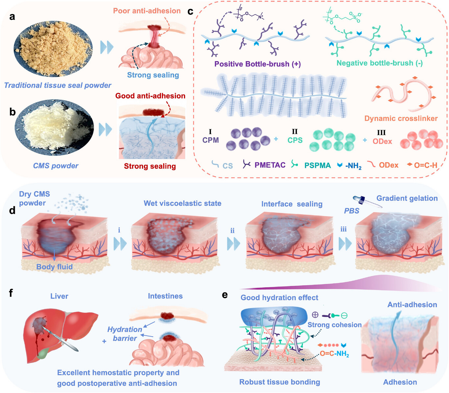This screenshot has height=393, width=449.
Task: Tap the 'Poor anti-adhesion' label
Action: pos(147,11)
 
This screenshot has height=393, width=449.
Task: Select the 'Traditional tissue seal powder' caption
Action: pos(58,85)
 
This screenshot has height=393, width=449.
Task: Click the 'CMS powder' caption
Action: pos(56,166)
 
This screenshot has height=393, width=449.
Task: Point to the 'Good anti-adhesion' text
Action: pos(150,96)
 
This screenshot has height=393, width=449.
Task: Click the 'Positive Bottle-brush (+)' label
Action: pos(258,64)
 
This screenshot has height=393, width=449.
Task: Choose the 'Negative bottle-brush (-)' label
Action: pos(379,63)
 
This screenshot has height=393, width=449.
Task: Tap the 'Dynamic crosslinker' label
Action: pos(401,118)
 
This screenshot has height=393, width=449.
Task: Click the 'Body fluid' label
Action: pos(55,267)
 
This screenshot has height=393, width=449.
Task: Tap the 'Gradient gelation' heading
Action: pos(407,198)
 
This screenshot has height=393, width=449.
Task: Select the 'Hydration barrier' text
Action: pos(125,334)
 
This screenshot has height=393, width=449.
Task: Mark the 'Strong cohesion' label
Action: pos(334,325)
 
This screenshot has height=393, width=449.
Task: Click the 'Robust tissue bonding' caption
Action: pos(280,382)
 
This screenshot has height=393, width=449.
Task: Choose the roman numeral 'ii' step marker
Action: pos(232,231)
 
